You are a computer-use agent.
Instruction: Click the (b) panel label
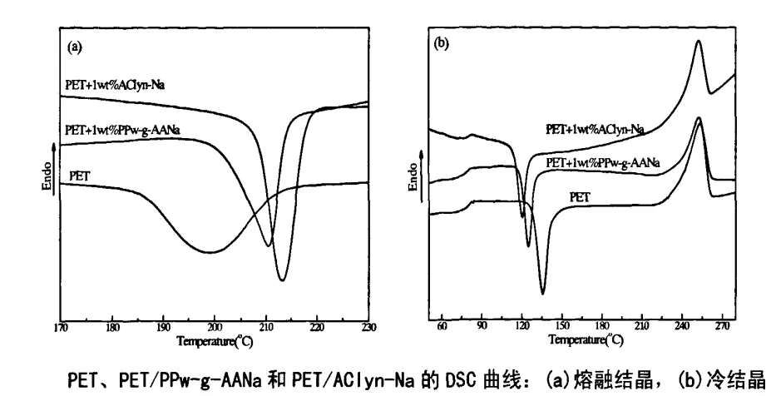point(442,44)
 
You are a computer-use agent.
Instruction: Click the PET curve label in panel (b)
point(581,196)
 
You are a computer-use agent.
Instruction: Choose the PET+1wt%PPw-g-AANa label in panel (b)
point(602,164)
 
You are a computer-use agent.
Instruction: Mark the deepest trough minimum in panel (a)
point(282,280)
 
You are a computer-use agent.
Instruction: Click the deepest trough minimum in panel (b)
point(542,293)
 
